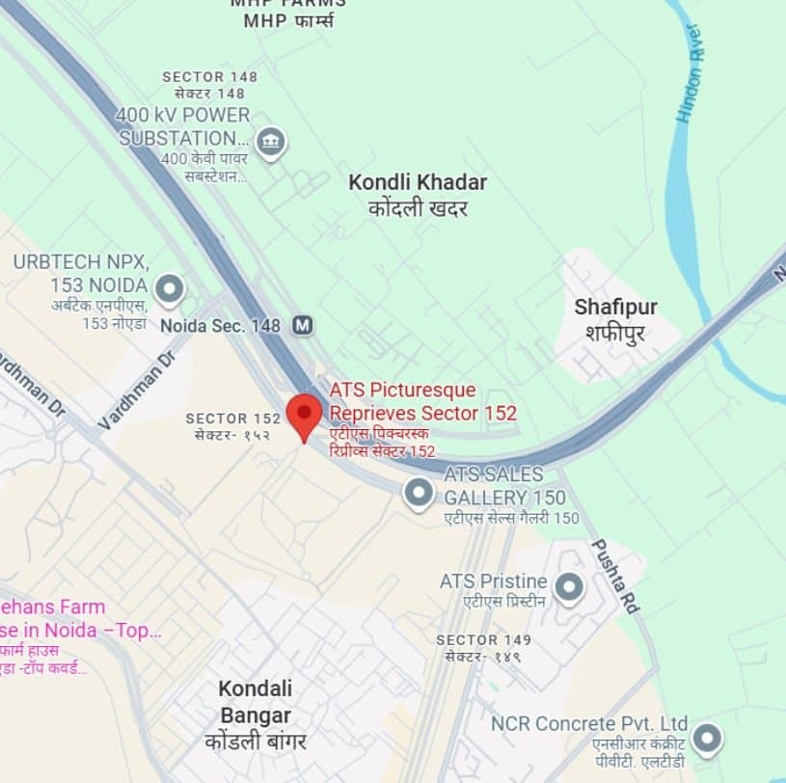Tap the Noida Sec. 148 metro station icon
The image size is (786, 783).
(x=304, y=325)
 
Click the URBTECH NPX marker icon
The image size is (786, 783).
(x=170, y=287)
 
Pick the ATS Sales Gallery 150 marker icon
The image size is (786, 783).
(x=418, y=494)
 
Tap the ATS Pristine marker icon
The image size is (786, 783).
(x=569, y=585)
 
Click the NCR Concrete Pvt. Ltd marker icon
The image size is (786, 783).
(x=708, y=739)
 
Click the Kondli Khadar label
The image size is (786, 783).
(x=418, y=182)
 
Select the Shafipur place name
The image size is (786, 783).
(x=615, y=308)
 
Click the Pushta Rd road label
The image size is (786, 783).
(x=615, y=576)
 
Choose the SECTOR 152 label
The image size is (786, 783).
(x=232, y=418)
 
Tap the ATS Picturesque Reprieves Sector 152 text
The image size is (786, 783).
(x=422, y=401)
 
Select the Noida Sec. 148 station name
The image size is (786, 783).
(x=221, y=326)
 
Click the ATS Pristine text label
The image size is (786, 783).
(x=493, y=581)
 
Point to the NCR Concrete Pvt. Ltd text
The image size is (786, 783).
(x=588, y=723)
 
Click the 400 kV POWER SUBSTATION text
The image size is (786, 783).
(x=182, y=125)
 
